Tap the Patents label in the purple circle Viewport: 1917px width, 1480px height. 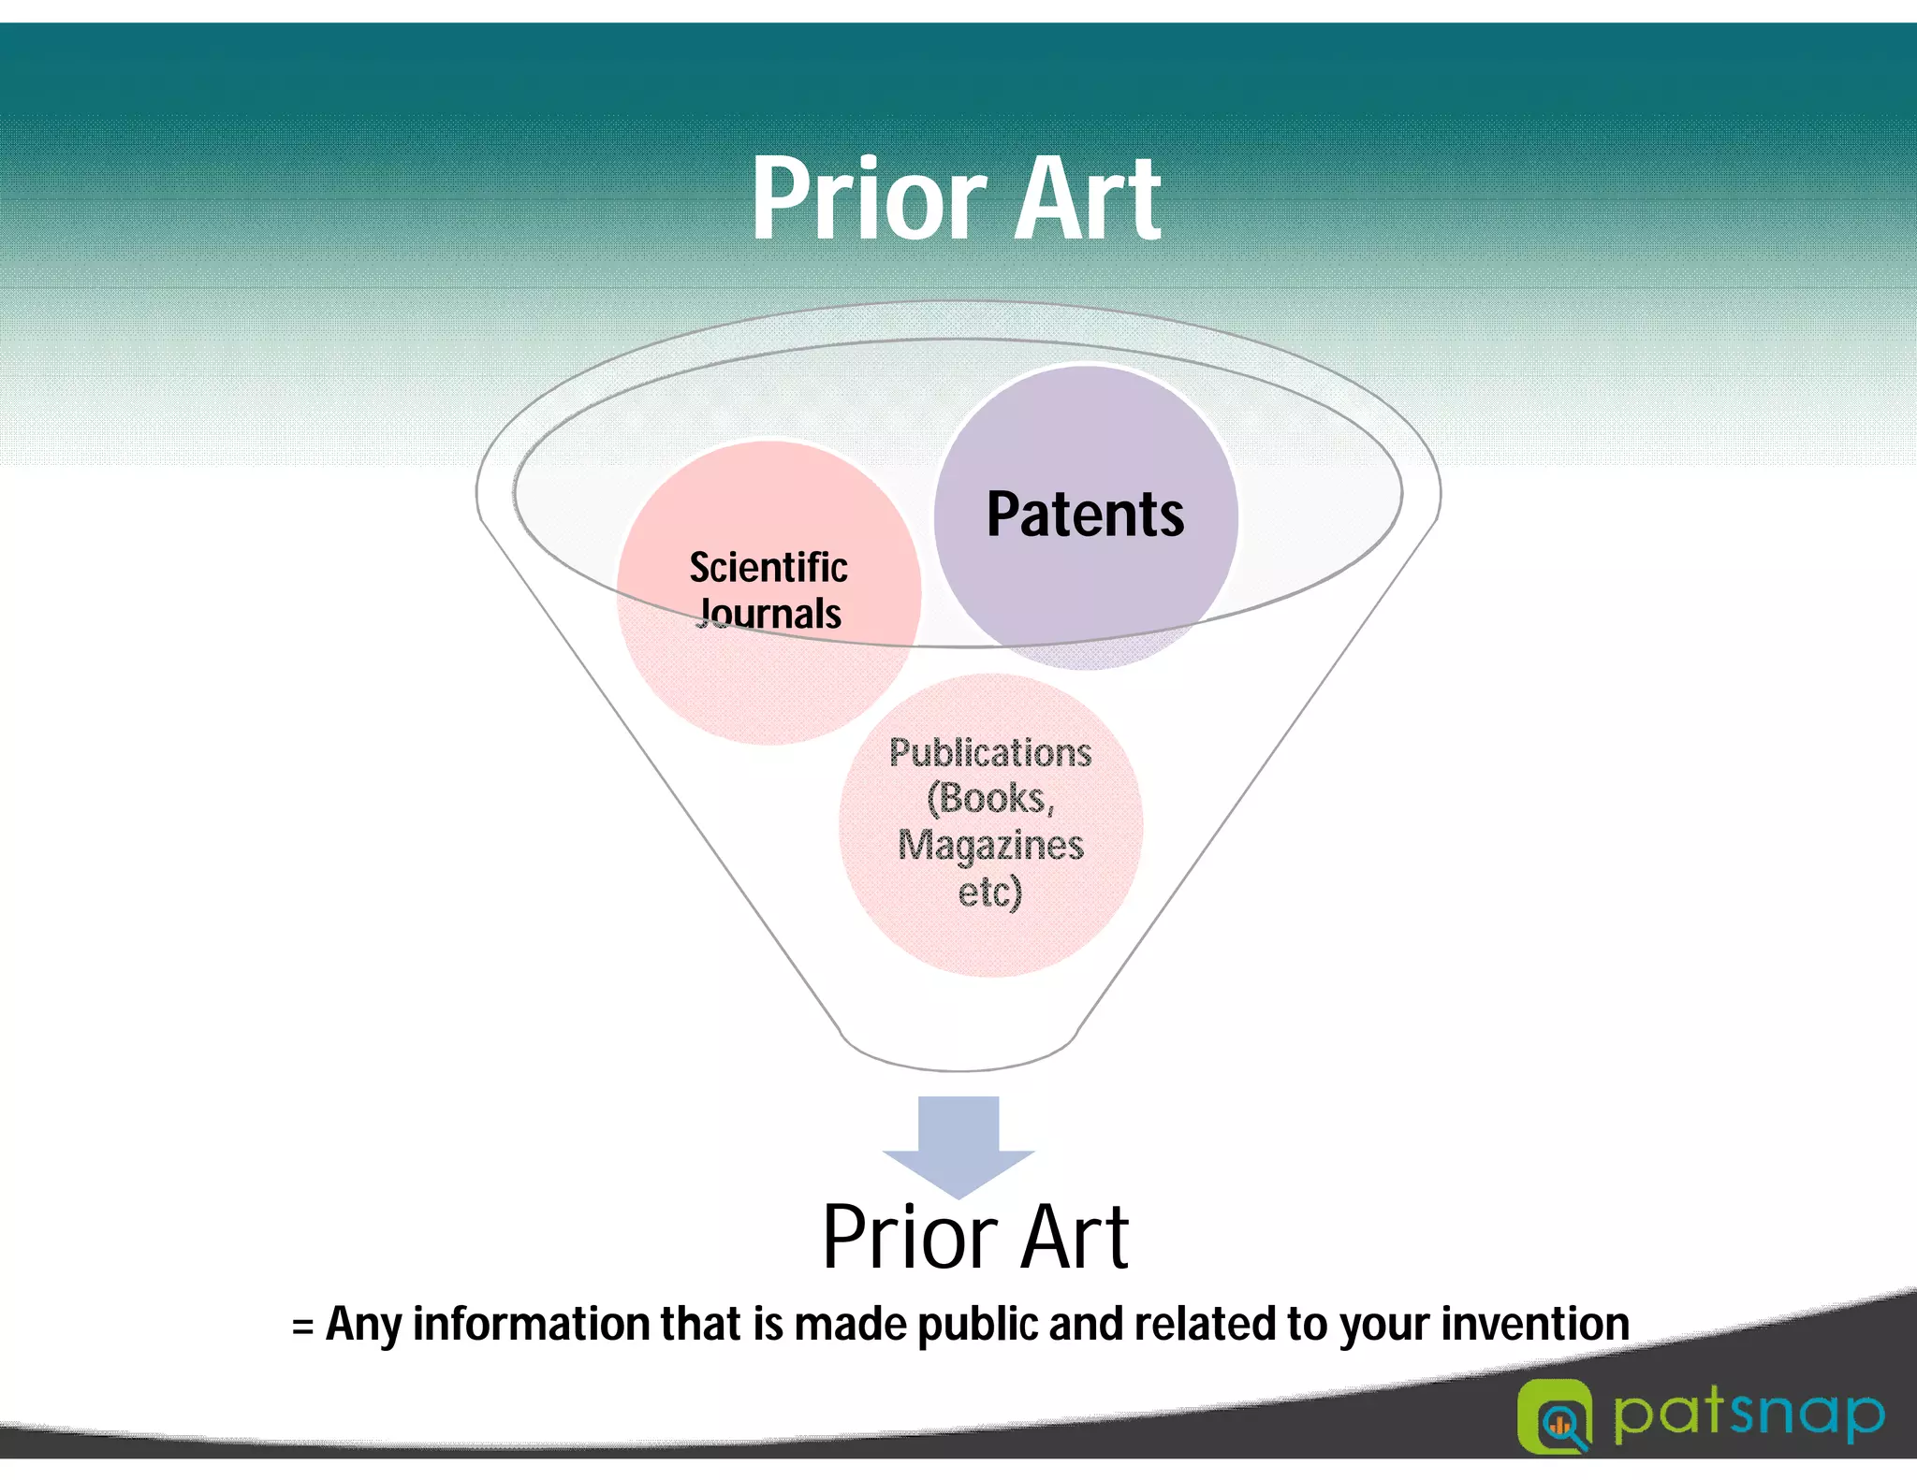(x=1085, y=515)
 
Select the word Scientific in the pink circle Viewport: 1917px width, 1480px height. (x=768, y=567)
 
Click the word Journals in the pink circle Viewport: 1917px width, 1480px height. (x=770, y=615)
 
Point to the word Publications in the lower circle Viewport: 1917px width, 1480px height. (x=990, y=753)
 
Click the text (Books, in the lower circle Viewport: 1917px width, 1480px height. (x=990, y=799)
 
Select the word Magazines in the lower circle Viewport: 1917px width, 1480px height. (x=990, y=845)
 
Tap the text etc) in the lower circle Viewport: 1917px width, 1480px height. (x=990, y=891)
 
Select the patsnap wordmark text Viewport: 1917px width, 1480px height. (x=1749, y=1415)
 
